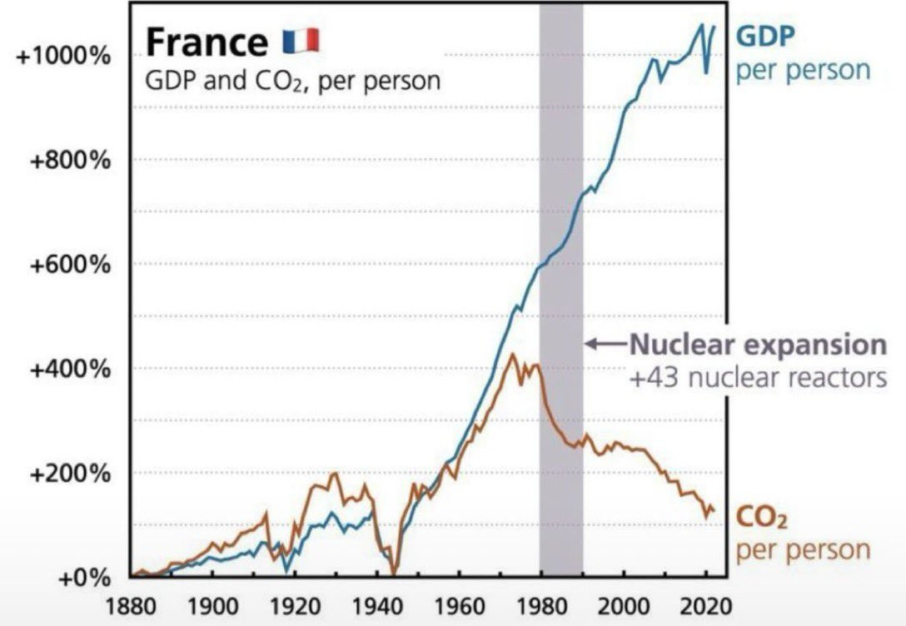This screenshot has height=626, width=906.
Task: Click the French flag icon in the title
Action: click(x=301, y=40)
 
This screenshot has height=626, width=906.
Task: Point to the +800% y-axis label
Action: click(x=71, y=160)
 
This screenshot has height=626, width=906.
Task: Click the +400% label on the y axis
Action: click(x=71, y=369)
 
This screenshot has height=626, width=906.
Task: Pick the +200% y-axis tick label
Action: click(x=71, y=473)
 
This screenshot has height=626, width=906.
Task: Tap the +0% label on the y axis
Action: click(x=83, y=578)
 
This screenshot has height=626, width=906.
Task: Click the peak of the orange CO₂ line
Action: click(x=513, y=355)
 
